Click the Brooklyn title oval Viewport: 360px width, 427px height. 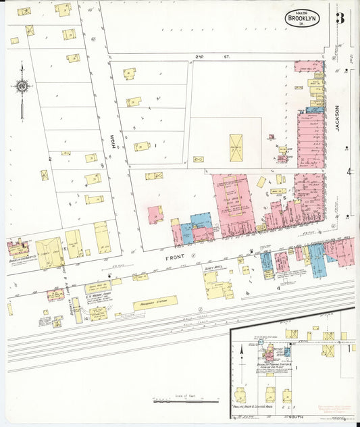click(302, 18)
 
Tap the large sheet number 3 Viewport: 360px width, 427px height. click(340, 18)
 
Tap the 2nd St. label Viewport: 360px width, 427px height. click(199, 57)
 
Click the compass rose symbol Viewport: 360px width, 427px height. click(22, 86)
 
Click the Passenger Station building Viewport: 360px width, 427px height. click(155, 302)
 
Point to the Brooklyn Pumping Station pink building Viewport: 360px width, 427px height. click(269, 354)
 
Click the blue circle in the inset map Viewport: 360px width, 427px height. click(261, 343)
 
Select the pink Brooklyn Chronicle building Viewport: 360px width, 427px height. click(18, 247)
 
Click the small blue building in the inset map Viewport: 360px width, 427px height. click(288, 351)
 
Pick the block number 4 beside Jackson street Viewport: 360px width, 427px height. click(349, 172)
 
